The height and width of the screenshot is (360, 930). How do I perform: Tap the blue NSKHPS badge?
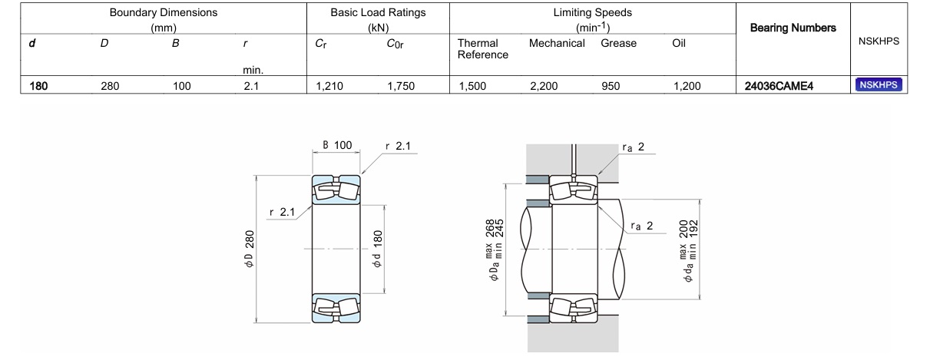pyautogui.click(x=879, y=85)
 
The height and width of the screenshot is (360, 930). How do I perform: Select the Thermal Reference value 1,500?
pyautogui.click(x=472, y=86)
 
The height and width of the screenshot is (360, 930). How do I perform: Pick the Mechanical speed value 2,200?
pyautogui.click(x=544, y=86)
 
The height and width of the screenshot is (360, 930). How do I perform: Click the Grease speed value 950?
pyautogui.click(x=611, y=86)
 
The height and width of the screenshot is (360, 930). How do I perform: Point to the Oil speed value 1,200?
pyautogui.click(x=687, y=86)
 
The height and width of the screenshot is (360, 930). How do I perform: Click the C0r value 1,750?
pyautogui.click(x=401, y=86)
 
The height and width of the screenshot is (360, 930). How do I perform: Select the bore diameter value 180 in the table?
pyautogui.click(x=38, y=86)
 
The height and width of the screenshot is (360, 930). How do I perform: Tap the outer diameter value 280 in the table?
pyautogui.click(x=110, y=86)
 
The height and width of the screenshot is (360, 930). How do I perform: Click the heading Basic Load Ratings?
pyautogui.click(x=378, y=13)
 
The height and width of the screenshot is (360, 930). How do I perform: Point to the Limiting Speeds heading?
pyautogui.click(x=592, y=13)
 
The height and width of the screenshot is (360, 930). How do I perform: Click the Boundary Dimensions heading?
pyautogui.click(x=164, y=13)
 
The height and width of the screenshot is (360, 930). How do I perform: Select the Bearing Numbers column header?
pyautogui.click(x=793, y=28)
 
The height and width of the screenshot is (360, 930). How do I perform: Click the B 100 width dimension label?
pyautogui.click(x=336, y=146)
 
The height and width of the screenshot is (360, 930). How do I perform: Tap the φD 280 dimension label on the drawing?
pyautogui.click(x=250, y=249)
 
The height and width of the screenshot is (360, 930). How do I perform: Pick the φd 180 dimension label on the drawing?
pyautogui.click(x=377, y=249)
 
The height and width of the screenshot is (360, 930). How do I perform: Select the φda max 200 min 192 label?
pyautogui.click(x=689, y=249)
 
